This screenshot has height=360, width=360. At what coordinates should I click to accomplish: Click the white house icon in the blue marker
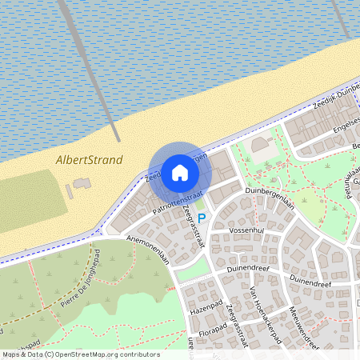point(180,172)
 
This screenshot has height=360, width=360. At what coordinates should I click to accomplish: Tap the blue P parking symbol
point(202,218)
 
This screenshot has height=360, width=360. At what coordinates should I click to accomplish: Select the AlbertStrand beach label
point(90,160)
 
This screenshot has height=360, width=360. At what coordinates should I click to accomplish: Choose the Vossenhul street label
point(246,230)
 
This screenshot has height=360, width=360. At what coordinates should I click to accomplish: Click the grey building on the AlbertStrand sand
point(81,188)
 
